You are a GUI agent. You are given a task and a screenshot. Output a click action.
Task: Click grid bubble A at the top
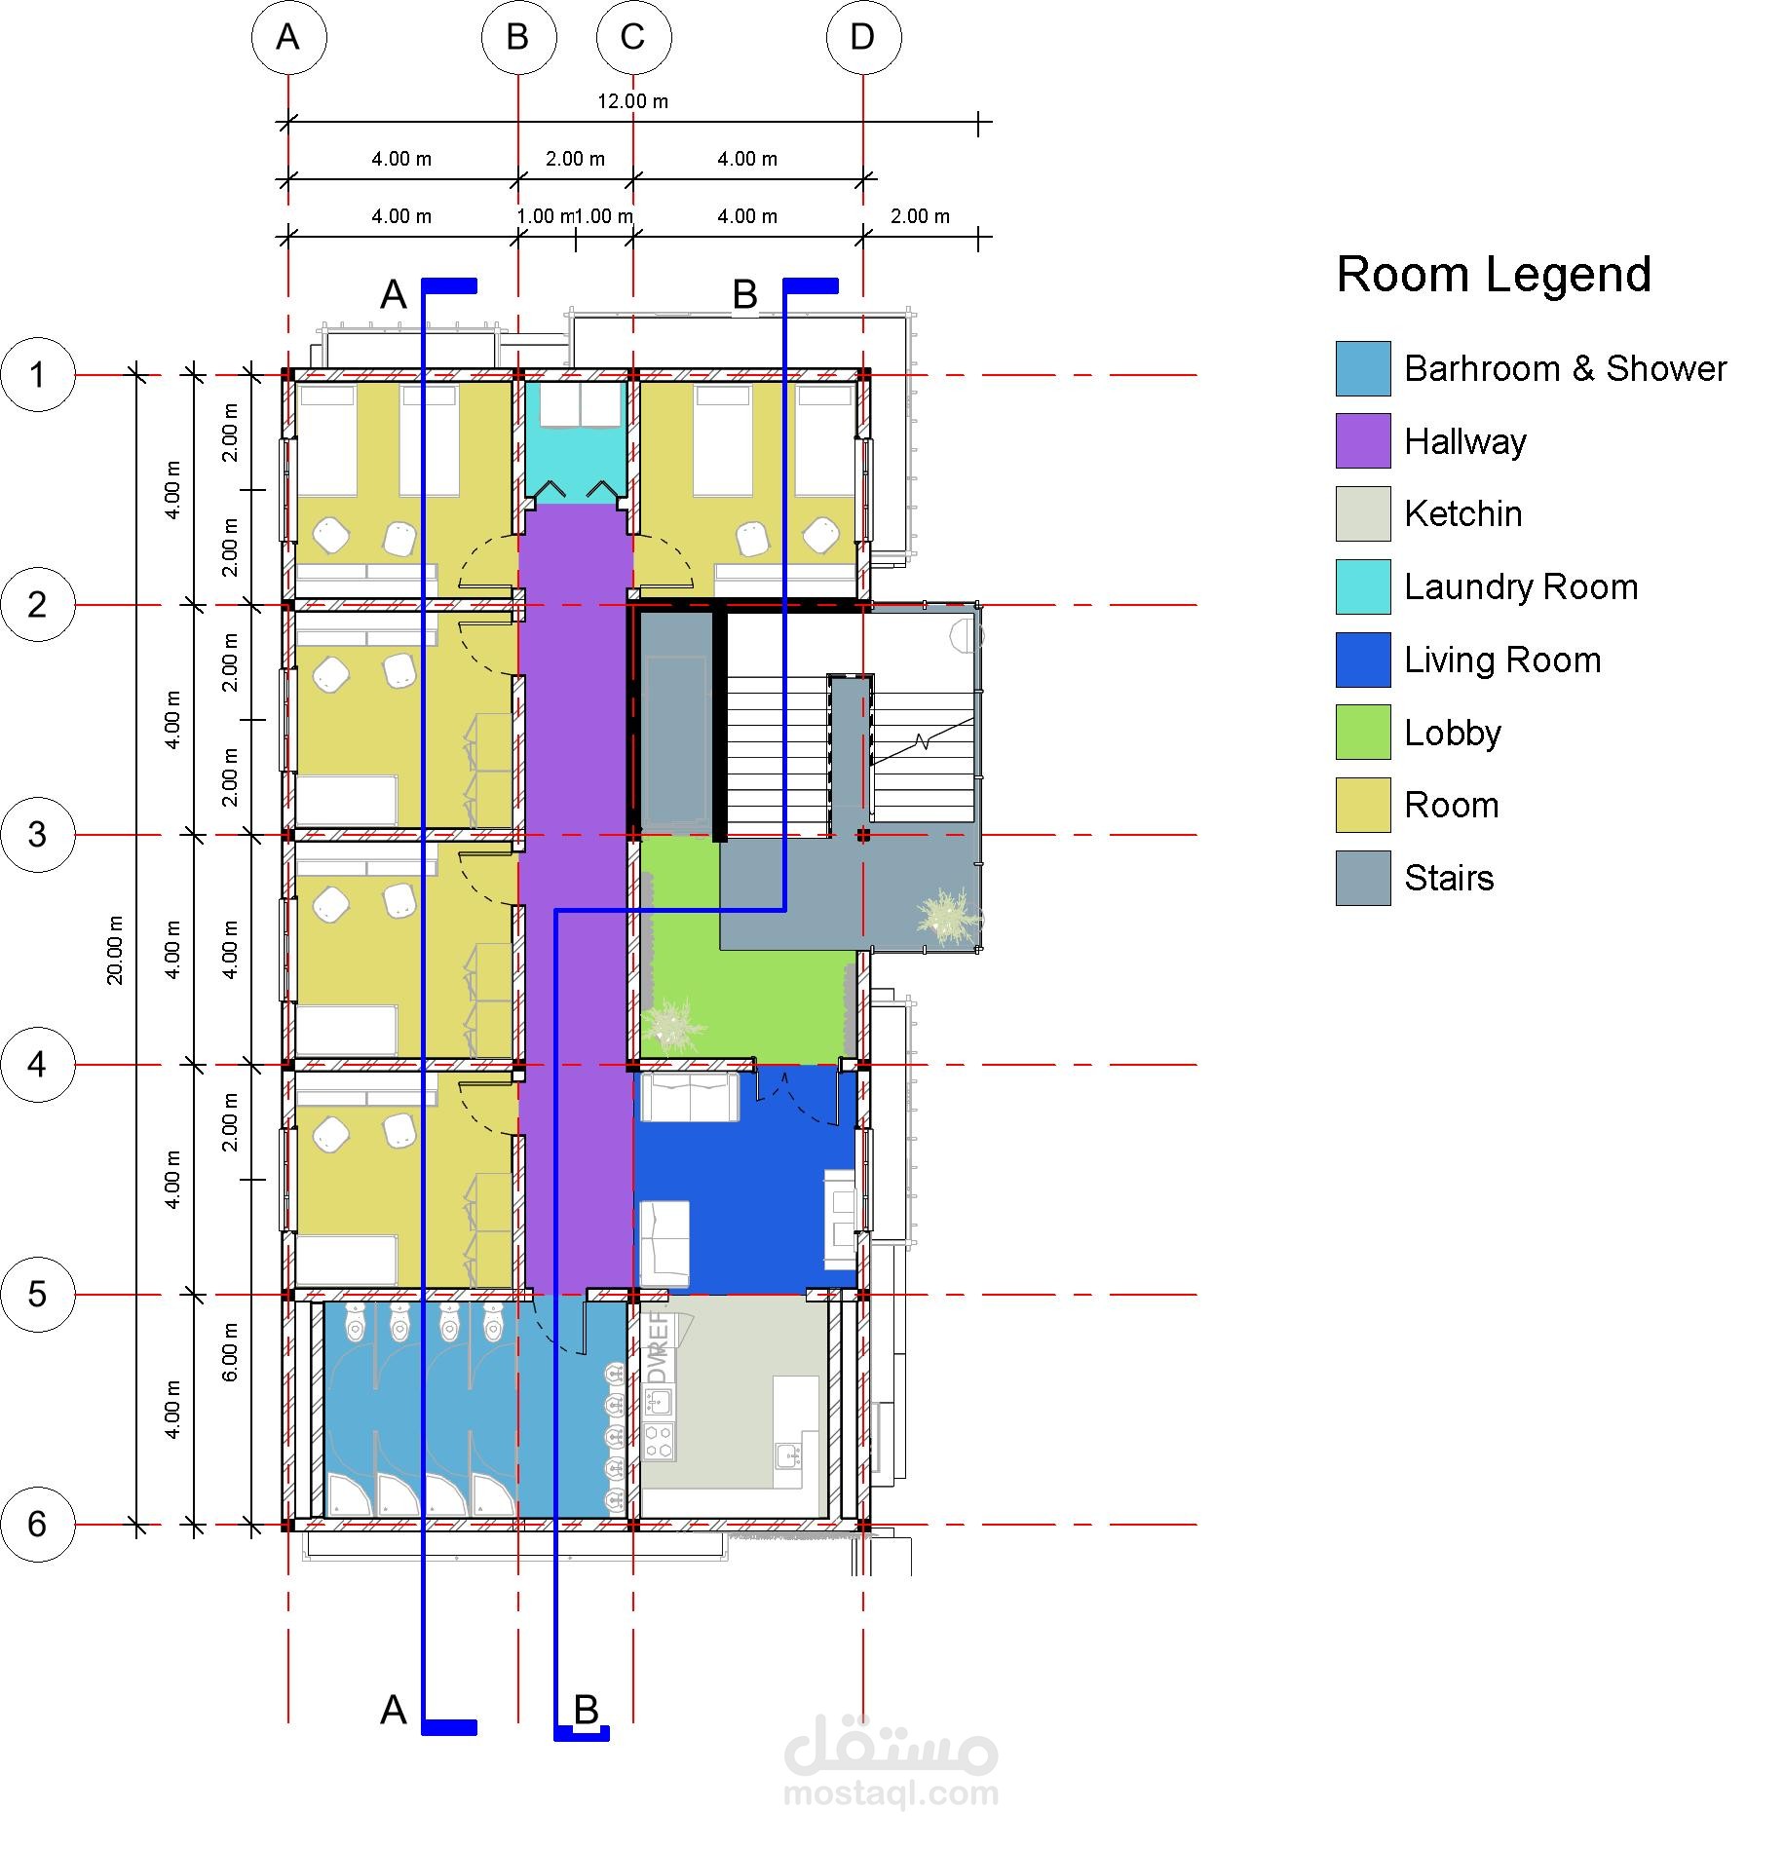[x=288, y=37]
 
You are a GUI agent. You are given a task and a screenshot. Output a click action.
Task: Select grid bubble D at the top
[x=863, y=37]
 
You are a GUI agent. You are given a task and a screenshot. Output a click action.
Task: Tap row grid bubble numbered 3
[x=38, y=835]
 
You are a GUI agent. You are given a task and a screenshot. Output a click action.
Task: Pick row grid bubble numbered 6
[x=38, y=1525]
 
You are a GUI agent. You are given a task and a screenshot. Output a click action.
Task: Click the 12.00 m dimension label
[x=632, y=101]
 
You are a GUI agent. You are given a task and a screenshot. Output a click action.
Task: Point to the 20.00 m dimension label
[x=115, y=949]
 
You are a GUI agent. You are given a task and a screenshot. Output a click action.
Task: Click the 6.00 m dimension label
[x=230, y=1352]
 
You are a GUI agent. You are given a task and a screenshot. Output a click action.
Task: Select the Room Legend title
[x=1494, y=275]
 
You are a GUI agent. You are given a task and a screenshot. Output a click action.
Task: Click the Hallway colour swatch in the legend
[x=1363, y=441]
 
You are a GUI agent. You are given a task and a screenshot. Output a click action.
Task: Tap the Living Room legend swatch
[x=1363, y=660]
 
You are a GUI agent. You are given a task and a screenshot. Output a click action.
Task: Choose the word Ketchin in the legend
[x=1462, y=513]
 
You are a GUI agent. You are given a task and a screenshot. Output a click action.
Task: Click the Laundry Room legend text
[x=1521, y=587]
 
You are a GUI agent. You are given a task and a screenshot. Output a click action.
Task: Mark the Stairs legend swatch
[x=1363, y=878]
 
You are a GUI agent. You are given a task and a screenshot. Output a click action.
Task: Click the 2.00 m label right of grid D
[x=920, y=216]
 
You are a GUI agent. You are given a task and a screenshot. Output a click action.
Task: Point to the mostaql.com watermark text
[x=892, y=1793]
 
